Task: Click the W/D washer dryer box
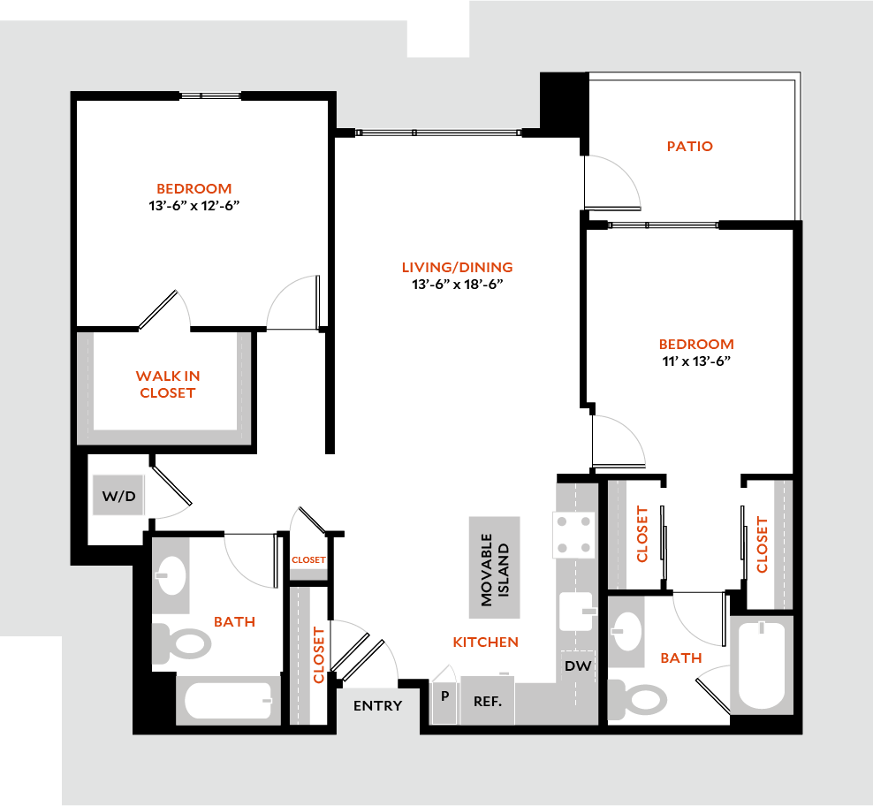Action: pyautogui.click(x=118, y=496)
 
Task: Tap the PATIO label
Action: pyautogui.click(x=689, y=146)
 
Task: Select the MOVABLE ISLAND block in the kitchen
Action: pyautogui.click(x=494, y=566)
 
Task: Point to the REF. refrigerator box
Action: pyautogui.click(x=488, y=703)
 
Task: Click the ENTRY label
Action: pyautogui.click(x=377, y=705)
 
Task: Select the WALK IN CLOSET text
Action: pyautogui.click(x=167, y=384)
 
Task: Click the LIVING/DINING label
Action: pyautogui.click(x=457, y=267)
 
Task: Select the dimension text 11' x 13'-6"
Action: pyautogui.click(x=695, y=361)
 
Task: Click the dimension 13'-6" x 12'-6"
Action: pyautogui.click(x=194, y=205)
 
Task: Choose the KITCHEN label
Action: pyautogui.click(x=485, y=642)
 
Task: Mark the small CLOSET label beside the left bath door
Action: pyautogui.click(x=308, y=559)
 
